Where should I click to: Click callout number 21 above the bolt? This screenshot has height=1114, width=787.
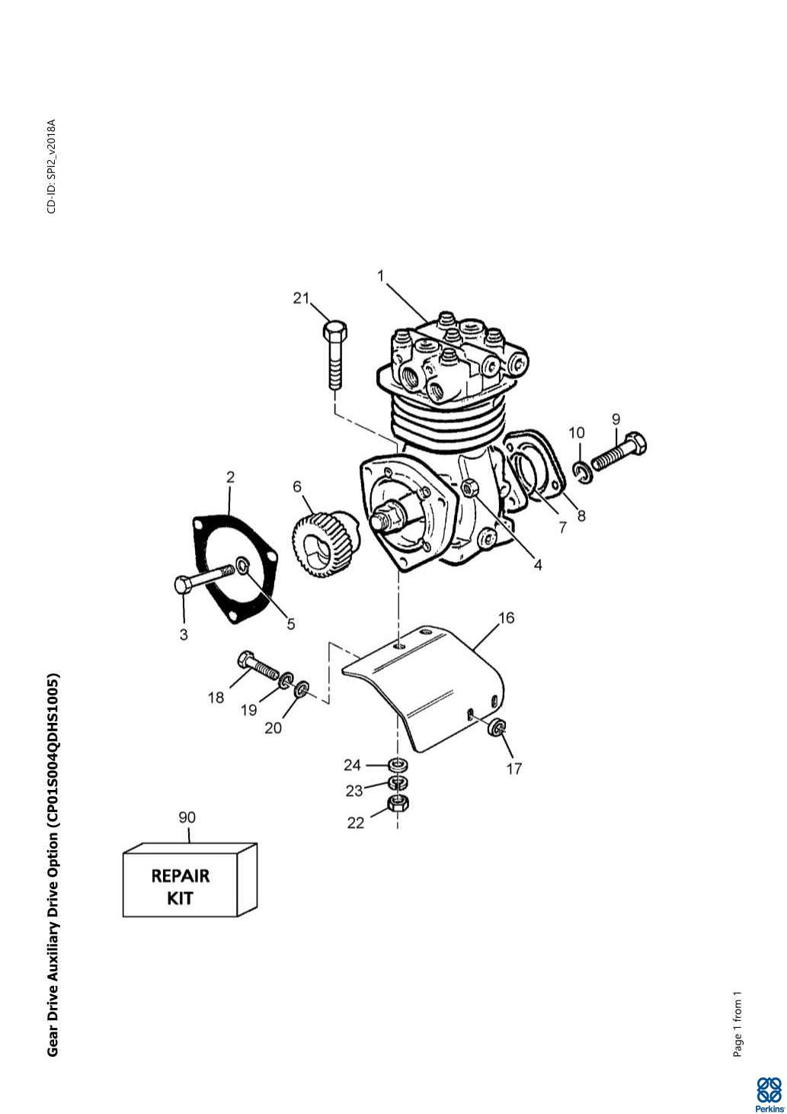pyautogui.click(x=301, y=298)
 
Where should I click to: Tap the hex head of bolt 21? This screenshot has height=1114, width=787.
pyautogui.click(x=335, y=330)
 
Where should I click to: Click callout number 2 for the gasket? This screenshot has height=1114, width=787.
pyautogui.click(x=230, y=477)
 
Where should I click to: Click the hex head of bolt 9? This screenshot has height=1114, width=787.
pyautogui.click(x=635, y=442)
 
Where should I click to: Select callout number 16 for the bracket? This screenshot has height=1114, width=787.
pyautogui.click(x=507, y=618)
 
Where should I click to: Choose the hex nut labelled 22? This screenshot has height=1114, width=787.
pyautogui.click(x=398, y=802)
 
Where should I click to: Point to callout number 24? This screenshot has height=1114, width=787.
pyautogui.click(x=352, y=765)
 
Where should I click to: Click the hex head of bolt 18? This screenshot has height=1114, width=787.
pyautogui.click(x=245, y=660)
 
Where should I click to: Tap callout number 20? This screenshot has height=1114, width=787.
pyautogui.click(x=273, y=728)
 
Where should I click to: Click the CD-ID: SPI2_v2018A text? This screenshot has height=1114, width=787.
pyautogui.click(x=51, y=166)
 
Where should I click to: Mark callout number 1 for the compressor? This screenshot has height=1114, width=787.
pyautogui.click(x=381, y=276)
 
